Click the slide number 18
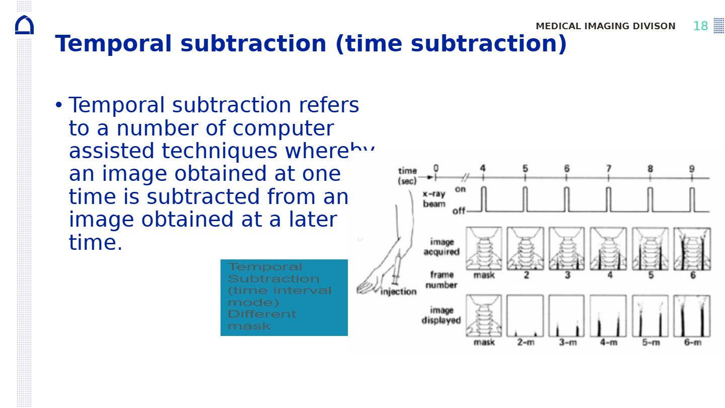click(700, 26)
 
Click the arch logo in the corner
click(24, 25)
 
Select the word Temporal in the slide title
click(113, 44)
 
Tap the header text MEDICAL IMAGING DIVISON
click(605, 26)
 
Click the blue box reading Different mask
click(284, 297)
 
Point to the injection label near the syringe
click(398, 291)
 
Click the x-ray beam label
click(433, 199)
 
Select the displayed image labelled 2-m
click(525, 316)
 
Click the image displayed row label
click(441, 315)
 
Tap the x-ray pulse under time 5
click(525, 199)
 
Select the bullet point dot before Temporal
click(59, 105)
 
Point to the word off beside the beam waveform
click(459, 211)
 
